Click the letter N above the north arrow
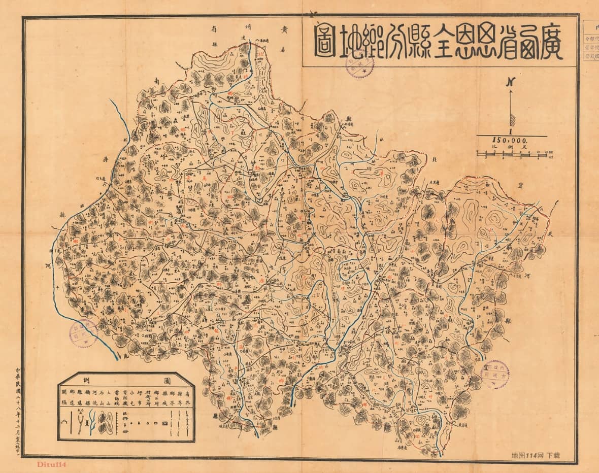click(x=511, y=82)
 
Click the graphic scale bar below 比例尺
click(x=512, y=154)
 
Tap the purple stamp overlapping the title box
click(x=359, y=64)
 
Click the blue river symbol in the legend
click(x=92, y=421)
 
